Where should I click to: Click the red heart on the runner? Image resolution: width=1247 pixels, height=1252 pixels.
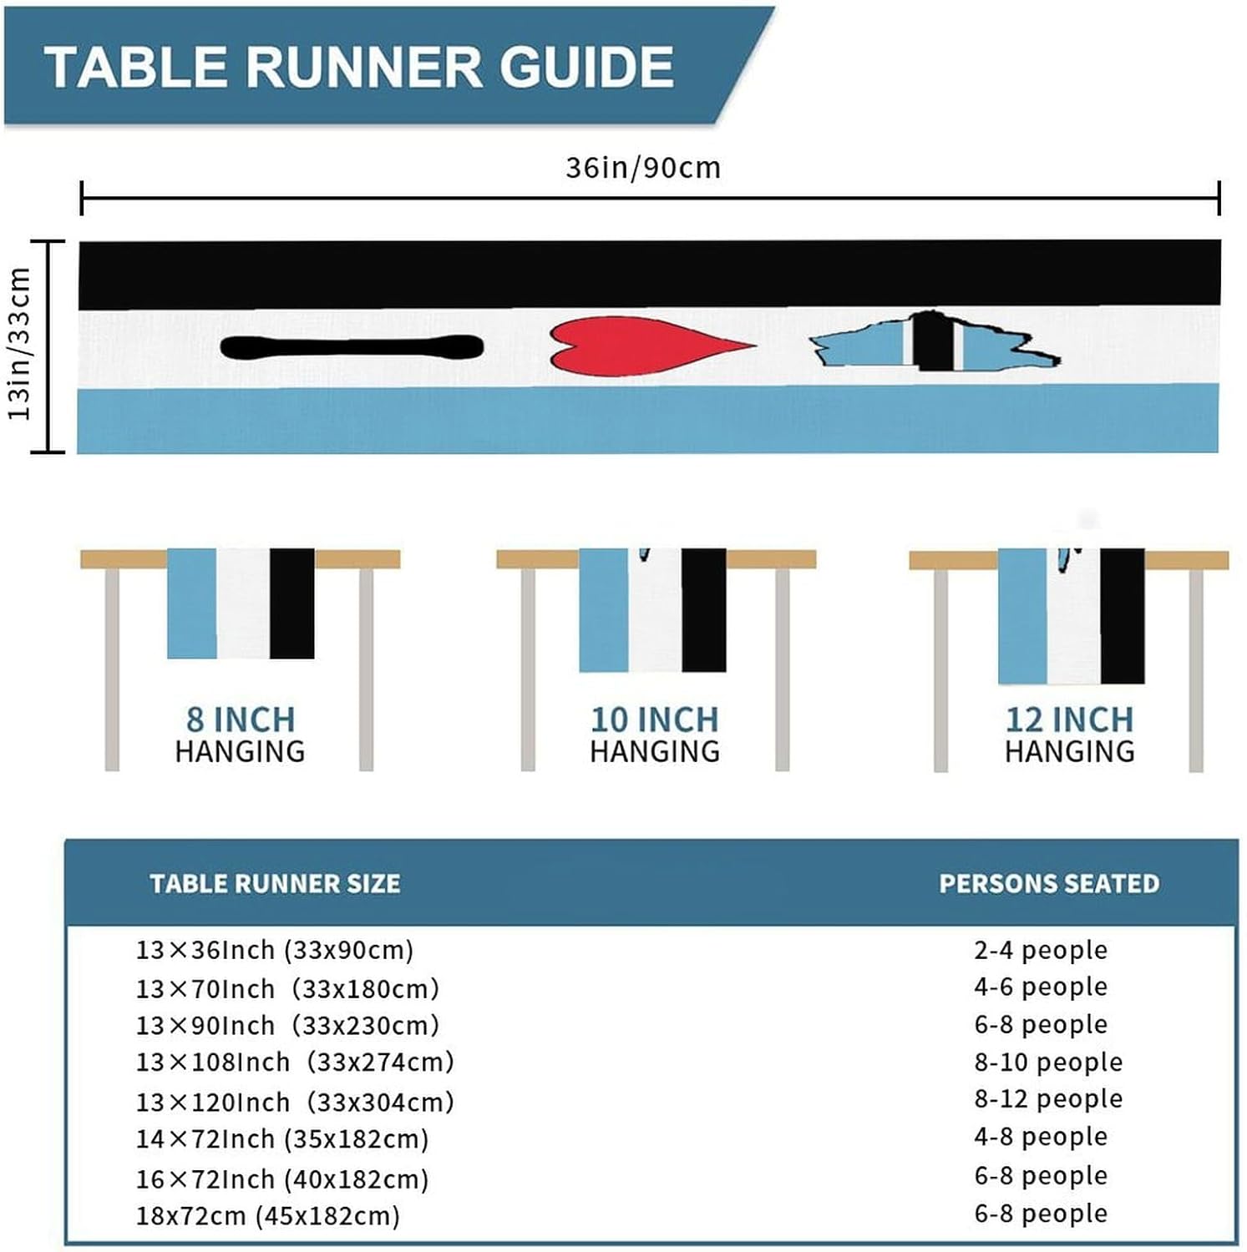pyautogui.click(x=635, y=346)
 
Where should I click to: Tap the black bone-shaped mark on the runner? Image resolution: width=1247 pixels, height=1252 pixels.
pyautogui.click(x=352, y=348)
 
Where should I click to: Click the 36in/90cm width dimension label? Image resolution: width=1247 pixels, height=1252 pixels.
pyautogui.click(x=642, y=168)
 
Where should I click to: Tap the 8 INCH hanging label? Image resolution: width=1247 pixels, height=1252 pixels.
pyautogui.click(x=241, y=719)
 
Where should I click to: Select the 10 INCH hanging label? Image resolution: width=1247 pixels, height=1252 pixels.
pyautogui.click(x=654, y=719)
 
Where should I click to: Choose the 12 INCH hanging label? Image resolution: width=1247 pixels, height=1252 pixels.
pyautogui.click(x=1069, y=719)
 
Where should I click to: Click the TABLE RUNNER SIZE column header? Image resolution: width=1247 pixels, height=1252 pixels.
pyautogui.click(x=275, y=883)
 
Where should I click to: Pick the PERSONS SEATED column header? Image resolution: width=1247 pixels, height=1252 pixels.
pyautogui.click(x=1049, y=883)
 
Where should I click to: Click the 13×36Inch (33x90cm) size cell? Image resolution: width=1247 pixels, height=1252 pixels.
pyautogui.click(x=275, y=950)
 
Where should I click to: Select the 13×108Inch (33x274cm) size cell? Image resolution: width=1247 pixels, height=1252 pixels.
pyautogui.click(x=295, y=1062)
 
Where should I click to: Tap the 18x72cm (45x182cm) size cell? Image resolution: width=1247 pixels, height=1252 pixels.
pyautogui.click(x=267, y=1215)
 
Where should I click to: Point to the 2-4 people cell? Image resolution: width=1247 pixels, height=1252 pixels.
pyautogui.click(x=1040, y=950)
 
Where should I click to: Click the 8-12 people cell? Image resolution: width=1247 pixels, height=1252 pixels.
pyautogui.click(x=1047, y=1098)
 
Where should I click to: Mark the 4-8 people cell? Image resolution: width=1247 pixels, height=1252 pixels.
pyautogui.click(x=1040, y=1136)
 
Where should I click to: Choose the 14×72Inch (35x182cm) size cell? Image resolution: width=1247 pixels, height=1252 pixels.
pyautogui.click(x=281, y=1138)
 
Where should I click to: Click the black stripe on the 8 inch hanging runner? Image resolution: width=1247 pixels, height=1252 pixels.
pyautogui.click(x=291, y=603)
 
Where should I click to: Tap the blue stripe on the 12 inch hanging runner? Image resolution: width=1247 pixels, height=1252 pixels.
pyautogui.click(x=1021, y=615)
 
